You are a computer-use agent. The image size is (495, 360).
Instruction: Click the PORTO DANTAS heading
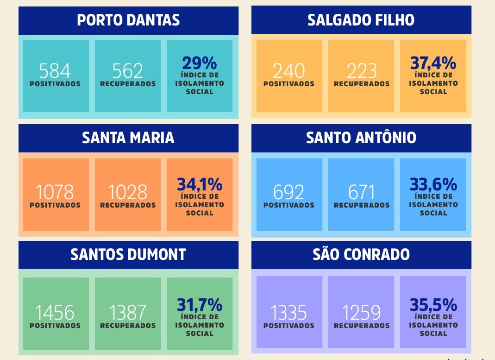point(128,20)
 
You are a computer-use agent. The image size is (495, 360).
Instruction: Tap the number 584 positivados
point(55,71)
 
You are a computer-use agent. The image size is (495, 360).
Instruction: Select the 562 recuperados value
point(128,71)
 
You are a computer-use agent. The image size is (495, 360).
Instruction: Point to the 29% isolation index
point(200,63)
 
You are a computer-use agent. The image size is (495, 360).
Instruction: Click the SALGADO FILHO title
point(361,20)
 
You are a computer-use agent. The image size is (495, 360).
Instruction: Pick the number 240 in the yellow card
point(289,71)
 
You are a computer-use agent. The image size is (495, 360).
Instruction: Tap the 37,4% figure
point(433,63)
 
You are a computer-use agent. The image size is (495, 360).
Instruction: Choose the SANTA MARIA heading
point(128,138)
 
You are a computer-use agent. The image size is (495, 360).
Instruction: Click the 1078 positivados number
point(55,192)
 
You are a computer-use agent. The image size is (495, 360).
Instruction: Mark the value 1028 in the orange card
point(128,192)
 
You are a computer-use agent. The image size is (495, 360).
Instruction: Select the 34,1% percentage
point(200,184)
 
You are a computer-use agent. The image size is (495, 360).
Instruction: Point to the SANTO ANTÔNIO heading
point(361,138)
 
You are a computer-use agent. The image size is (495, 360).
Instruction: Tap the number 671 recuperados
point(361,192)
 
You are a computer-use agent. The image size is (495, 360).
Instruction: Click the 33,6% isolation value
point(433,184)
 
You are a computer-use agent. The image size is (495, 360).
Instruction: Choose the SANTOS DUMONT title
point(128,254)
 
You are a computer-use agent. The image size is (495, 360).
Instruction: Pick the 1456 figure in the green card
point(55,313)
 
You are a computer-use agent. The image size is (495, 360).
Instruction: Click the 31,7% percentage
point(200,305)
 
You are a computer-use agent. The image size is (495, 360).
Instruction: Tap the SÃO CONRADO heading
point(361,254)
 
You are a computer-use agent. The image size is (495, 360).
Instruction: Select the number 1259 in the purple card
point(361,313)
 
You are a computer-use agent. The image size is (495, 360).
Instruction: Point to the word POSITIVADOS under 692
point(289,205)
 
